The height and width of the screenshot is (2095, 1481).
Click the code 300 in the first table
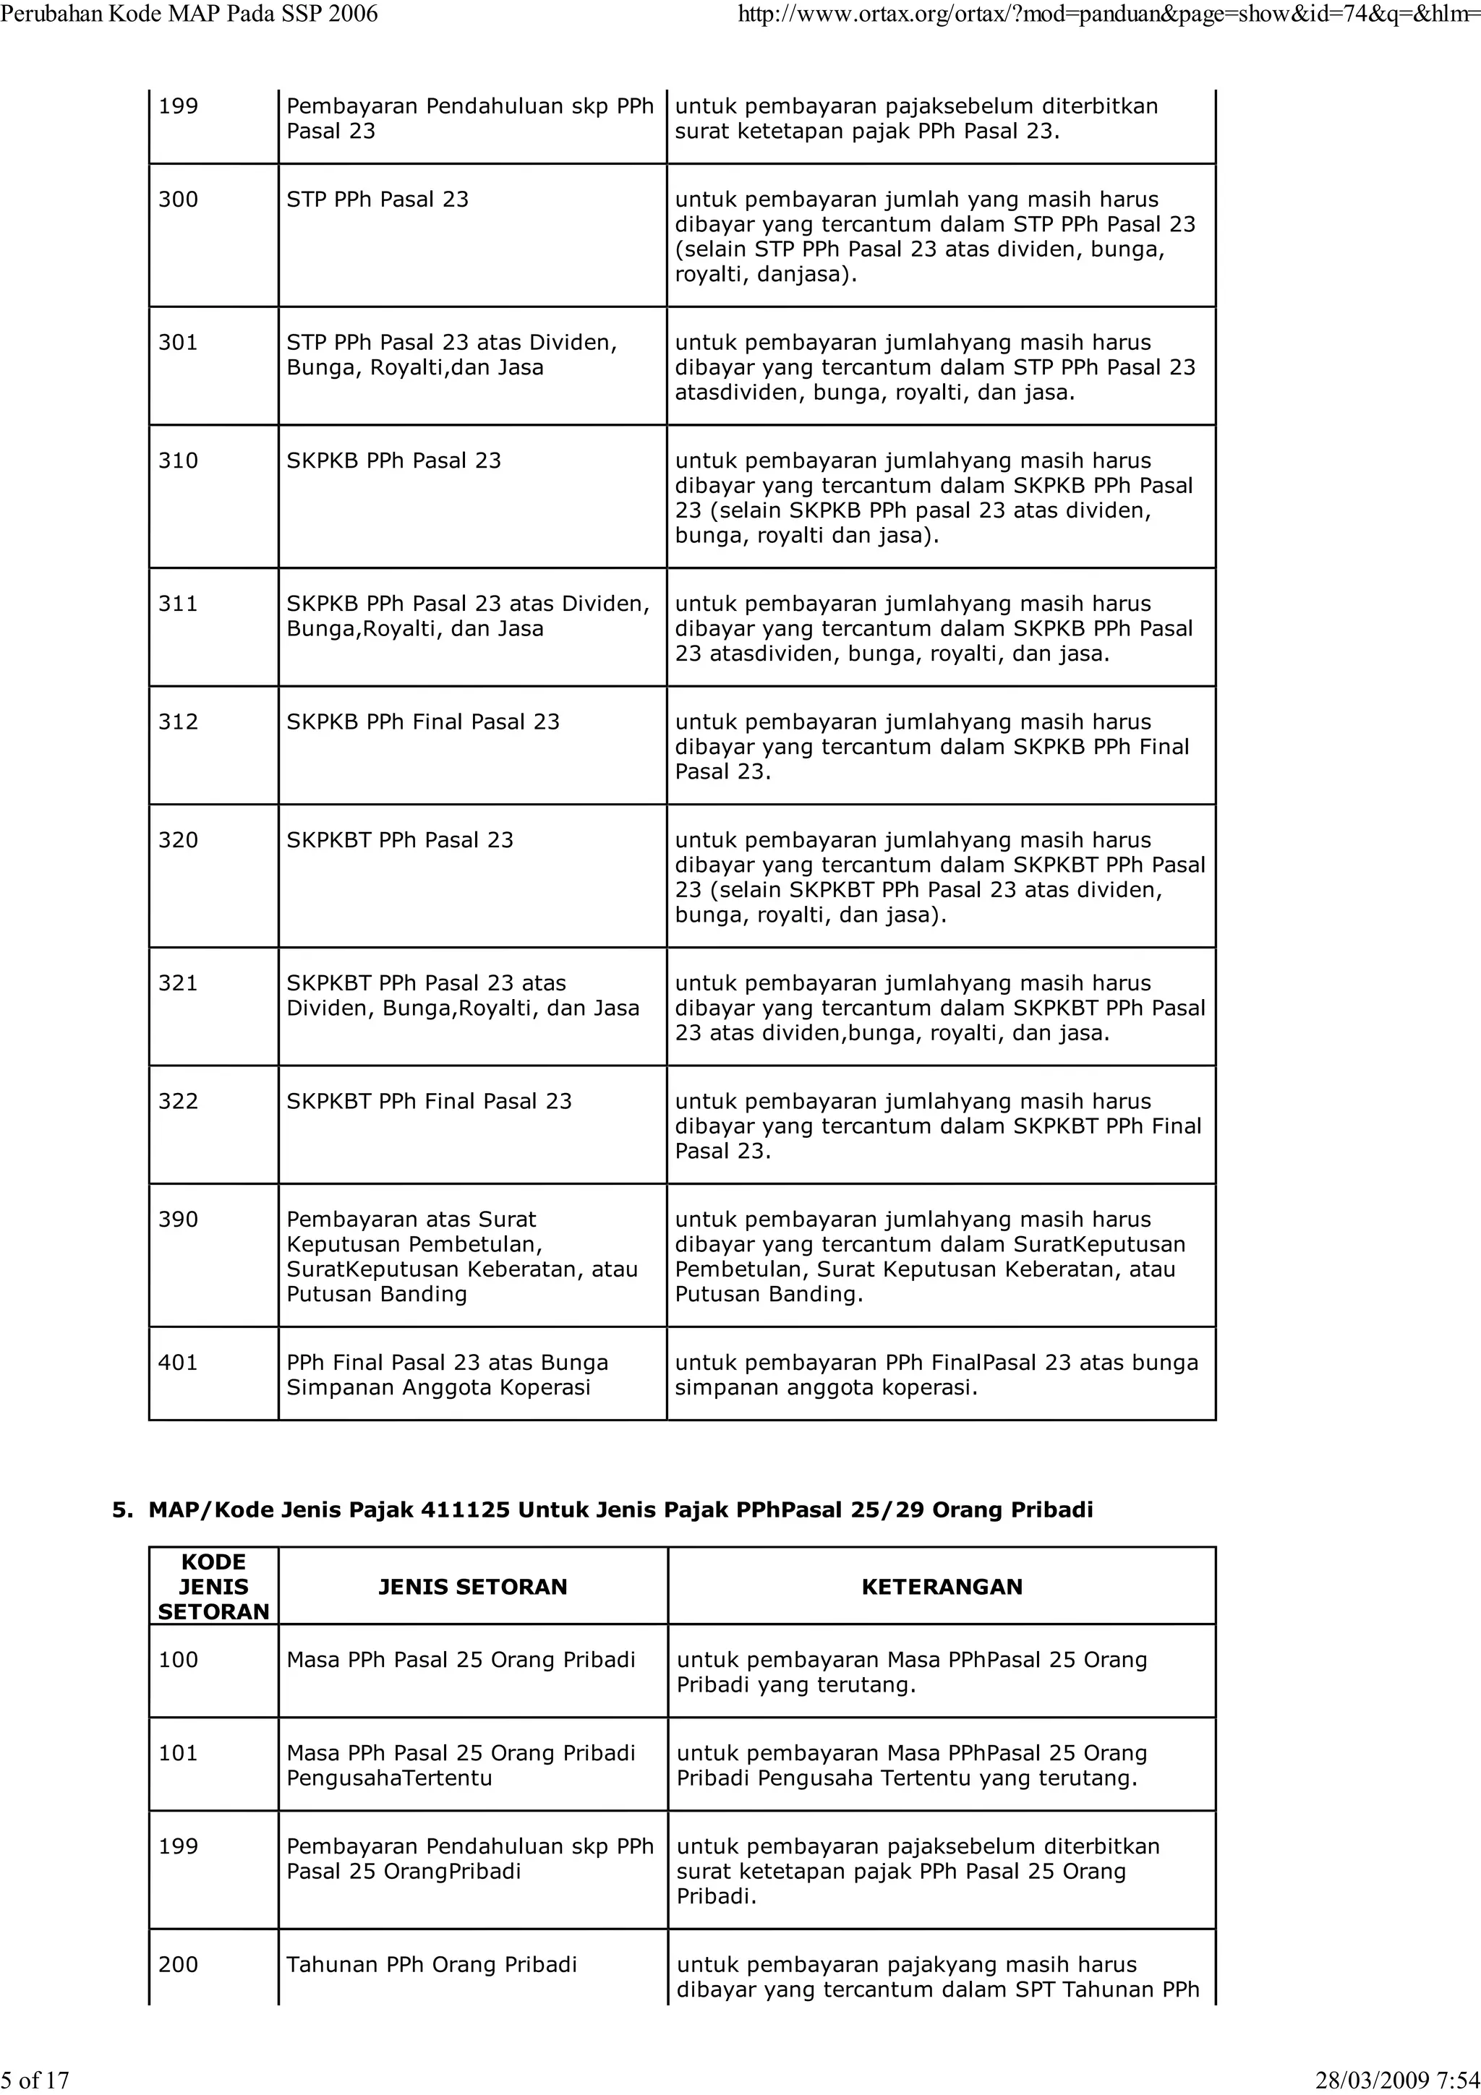tap(178, 199)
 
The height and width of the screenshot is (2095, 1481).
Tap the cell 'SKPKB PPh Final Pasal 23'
tap(422, 721)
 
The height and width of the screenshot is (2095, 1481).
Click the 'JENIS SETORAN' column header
tap(473, 1587)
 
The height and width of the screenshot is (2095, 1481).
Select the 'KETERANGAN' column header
tap(942, 1587)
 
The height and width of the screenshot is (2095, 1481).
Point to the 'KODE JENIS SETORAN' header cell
tap(213, 1587)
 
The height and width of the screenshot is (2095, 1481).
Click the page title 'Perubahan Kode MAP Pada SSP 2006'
tap(189, 14)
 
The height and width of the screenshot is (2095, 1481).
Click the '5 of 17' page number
tap(35, 2080)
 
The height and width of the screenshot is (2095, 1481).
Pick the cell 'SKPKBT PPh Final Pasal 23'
tap(429, 1101)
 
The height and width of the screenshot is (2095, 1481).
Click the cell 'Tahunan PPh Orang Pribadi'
tap(432, 1965)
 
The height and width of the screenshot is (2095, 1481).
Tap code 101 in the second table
tap(178, 1753)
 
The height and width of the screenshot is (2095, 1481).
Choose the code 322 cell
tap(178, 1101)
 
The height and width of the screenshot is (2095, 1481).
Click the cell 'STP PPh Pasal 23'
tap(377, 199)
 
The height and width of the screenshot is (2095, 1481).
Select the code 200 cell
tap(178, 1965)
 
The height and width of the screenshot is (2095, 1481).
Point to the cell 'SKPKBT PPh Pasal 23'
tap(400, 840)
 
